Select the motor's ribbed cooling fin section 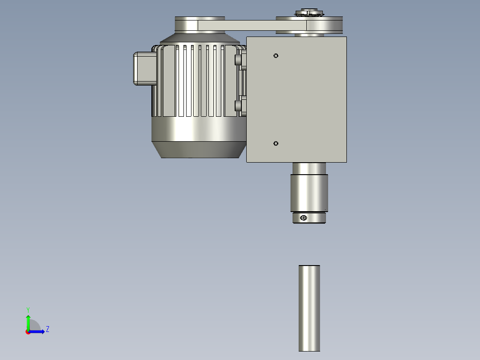(196, 80)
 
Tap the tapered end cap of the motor (199, 150)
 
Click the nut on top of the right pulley (307, 12)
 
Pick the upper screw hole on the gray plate (276, 56)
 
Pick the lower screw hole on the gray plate (276, 143)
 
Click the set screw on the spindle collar (304, 218)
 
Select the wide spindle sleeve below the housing (309, 193)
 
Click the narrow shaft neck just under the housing (309, 168)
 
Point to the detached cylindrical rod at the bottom (309, 307)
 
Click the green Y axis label (28, 309)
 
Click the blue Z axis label (47, 329)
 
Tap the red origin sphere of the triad (28, 332)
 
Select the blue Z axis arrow (38, 331)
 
